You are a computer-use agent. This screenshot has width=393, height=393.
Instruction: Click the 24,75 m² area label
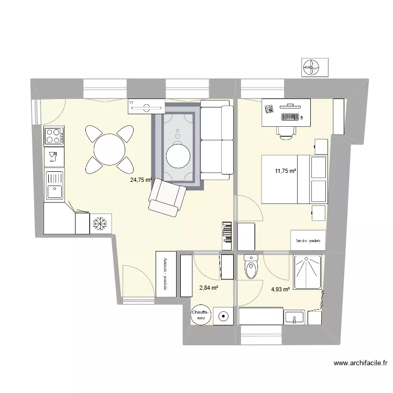pos(140,180)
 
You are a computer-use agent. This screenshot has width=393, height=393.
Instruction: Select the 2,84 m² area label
pos(208,287)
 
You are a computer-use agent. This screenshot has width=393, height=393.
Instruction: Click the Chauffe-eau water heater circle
pos(201,314)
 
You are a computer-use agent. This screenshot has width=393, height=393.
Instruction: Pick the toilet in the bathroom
pos(251,268)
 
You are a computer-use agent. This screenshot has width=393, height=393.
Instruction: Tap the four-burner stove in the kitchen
pos(53,136)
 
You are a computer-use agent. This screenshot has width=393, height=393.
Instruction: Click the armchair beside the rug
pos(167,198)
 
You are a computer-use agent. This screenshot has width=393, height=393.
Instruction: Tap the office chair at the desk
pos(286,131)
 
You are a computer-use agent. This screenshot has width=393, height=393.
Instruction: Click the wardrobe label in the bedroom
pos(308,241)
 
